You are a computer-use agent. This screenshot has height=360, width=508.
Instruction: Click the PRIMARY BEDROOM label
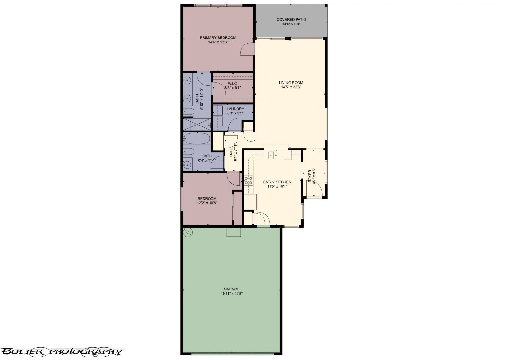218,38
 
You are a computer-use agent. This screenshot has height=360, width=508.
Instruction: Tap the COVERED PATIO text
291,20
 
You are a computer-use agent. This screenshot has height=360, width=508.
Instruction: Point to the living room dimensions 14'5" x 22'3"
291,87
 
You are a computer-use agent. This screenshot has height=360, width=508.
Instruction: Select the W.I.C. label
233,84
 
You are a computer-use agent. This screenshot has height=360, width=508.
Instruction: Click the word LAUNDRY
235,109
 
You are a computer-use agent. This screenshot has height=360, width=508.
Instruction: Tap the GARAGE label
231,289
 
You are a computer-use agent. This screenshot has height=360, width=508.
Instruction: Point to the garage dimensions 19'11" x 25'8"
231,294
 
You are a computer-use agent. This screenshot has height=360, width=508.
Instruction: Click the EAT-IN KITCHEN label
277,182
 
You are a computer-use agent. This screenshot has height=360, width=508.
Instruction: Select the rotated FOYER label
310,176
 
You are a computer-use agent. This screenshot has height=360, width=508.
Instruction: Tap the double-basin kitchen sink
273,155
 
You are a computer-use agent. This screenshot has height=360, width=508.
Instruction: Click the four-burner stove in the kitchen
249,181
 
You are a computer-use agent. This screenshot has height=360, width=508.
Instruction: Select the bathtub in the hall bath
197,139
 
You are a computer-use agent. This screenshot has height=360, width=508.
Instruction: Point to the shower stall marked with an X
197,124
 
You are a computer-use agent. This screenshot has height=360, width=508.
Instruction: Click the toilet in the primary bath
189,112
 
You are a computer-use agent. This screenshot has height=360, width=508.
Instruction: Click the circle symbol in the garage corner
188,232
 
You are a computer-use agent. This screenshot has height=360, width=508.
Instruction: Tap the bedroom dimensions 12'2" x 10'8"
207,203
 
